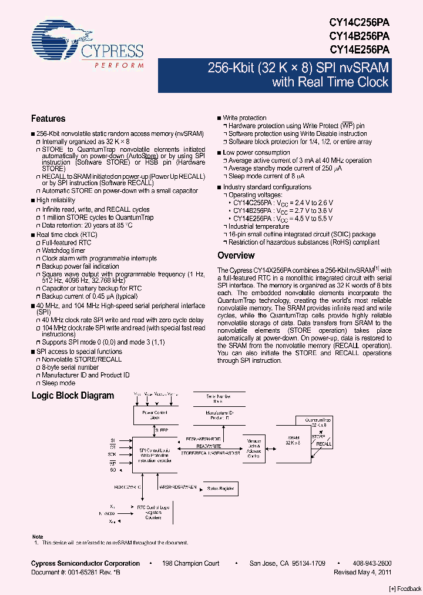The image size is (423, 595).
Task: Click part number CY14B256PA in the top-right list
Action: pos(360,35)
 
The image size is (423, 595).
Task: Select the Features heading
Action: pos(48,119)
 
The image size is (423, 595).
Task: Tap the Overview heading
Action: pos(236,256)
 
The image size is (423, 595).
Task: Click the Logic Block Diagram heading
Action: pos(72,396)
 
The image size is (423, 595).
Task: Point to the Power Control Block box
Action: pos(155,415)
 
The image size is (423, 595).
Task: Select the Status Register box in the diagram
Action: pos(219,488)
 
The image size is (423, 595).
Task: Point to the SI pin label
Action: pos(113,440)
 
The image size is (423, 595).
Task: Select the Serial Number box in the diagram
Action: pos(218,399)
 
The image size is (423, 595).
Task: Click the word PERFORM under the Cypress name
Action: pos(119,66)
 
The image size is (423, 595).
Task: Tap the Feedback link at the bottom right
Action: pos(405,589)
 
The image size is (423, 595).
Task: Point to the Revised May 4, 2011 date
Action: pos(362,571)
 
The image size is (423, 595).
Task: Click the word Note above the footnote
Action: pos(37,536)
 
